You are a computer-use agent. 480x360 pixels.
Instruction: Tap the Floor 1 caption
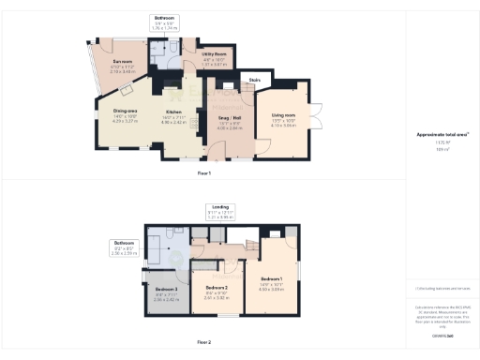tap(203, 173)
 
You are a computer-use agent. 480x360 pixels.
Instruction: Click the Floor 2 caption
tap(203, 343)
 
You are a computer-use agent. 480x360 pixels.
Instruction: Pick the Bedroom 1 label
tap(270, 279)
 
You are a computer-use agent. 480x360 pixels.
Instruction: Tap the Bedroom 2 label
tap(217, 288)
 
